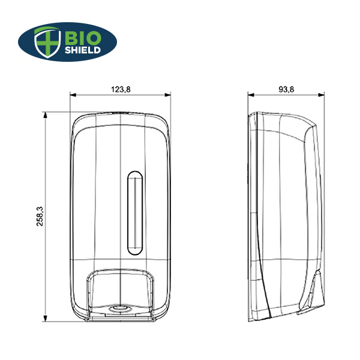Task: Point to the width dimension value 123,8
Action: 121,89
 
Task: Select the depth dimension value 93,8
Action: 286,89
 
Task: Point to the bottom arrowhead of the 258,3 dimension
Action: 46,319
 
